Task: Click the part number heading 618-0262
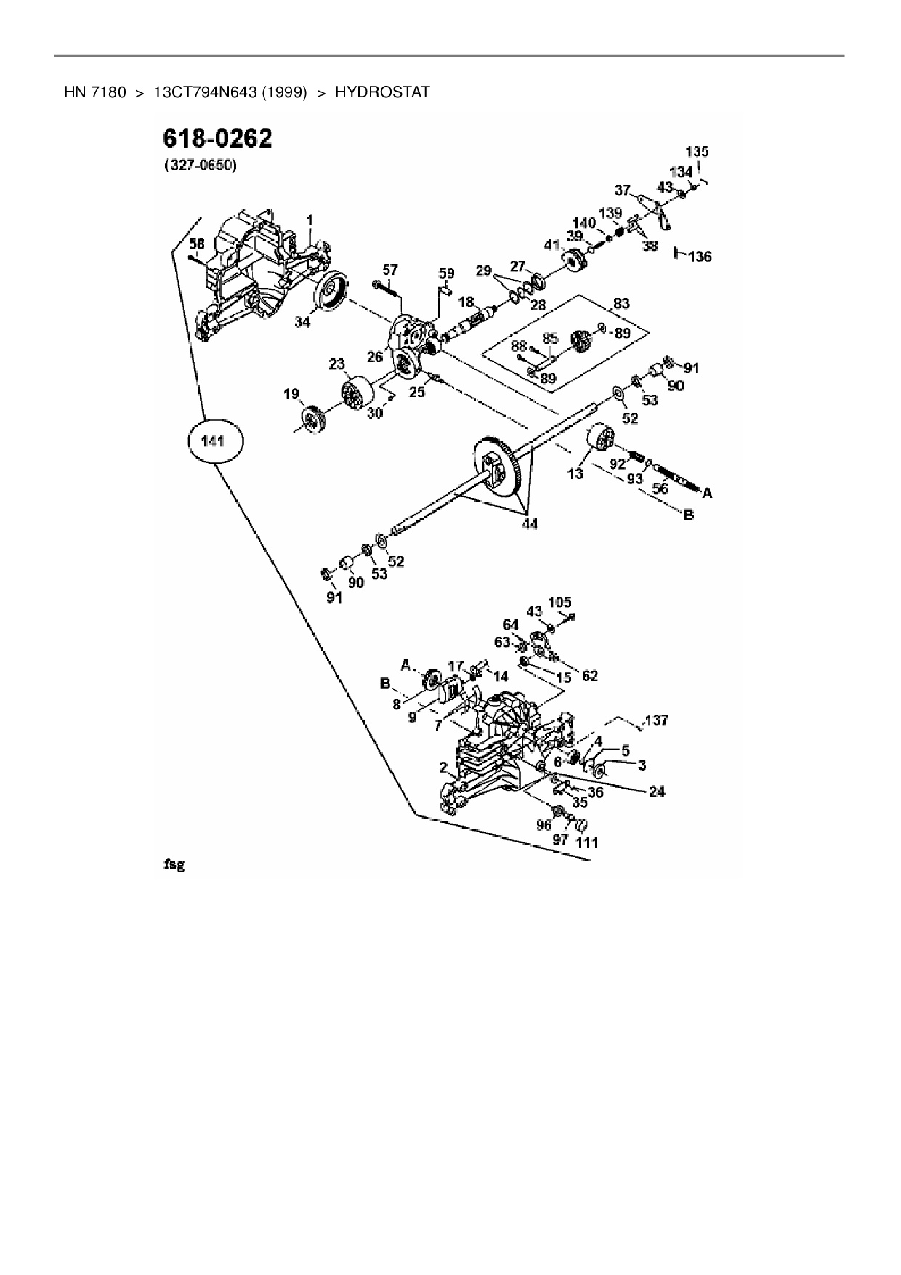coord(218,138)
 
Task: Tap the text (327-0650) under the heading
coord(200,166)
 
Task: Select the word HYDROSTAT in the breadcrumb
coord(382,92)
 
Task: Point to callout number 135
coord(697,152)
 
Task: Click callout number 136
coord(700,257)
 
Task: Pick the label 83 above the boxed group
coord(621,304)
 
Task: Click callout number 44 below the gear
coord(530,523)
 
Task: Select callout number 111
coord(587,842)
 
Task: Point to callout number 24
coord(657,791)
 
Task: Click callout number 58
coord(197,242)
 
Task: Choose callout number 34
coord(302,321)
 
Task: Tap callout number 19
coord(291,395)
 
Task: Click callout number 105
coord(559,602)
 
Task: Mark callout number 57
coord(390,270)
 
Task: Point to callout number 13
coord(575,474)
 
